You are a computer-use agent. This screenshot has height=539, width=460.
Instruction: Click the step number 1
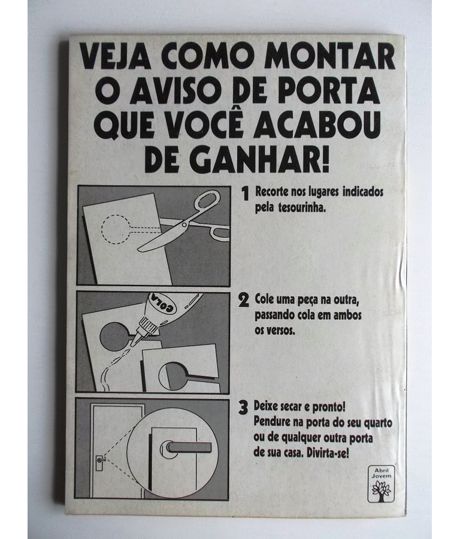coord(245,193)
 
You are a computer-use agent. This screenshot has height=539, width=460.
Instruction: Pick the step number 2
coord(243,300)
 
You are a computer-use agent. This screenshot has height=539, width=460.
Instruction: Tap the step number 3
coord(243,407)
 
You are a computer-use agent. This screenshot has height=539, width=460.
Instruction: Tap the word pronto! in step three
coord(329,407)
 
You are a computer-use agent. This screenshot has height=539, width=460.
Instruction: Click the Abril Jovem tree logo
coord(381,483)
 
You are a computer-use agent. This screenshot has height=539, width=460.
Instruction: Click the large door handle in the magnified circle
coord(186,448)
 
